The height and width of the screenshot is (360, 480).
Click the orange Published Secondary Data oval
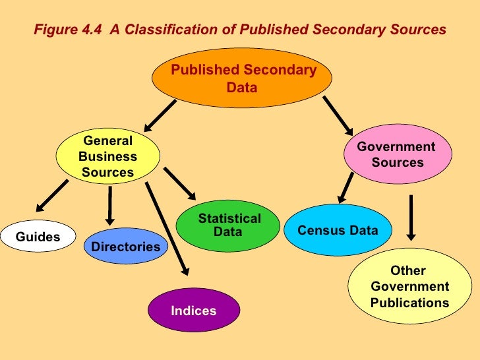pos(242,78)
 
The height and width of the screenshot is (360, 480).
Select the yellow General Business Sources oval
pos(107,157)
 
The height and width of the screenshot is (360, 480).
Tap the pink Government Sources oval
pos(398,154)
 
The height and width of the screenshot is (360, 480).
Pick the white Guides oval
pos(38,237)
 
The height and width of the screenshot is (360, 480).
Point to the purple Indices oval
pos(194,310)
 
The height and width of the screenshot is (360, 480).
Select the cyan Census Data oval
pos(338,230)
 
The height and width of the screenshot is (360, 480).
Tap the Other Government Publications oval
pos(409,287)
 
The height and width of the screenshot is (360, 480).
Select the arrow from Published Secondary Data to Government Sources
pos(336,117)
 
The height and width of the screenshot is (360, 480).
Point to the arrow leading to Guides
pos(51,196)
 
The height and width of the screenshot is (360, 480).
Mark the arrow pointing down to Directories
pos(109,205)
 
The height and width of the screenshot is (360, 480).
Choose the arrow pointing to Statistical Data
pos(179,183)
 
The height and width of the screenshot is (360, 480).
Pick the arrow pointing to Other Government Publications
pos(411,217)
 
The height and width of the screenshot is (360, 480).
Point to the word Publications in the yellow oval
pos(409,303)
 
